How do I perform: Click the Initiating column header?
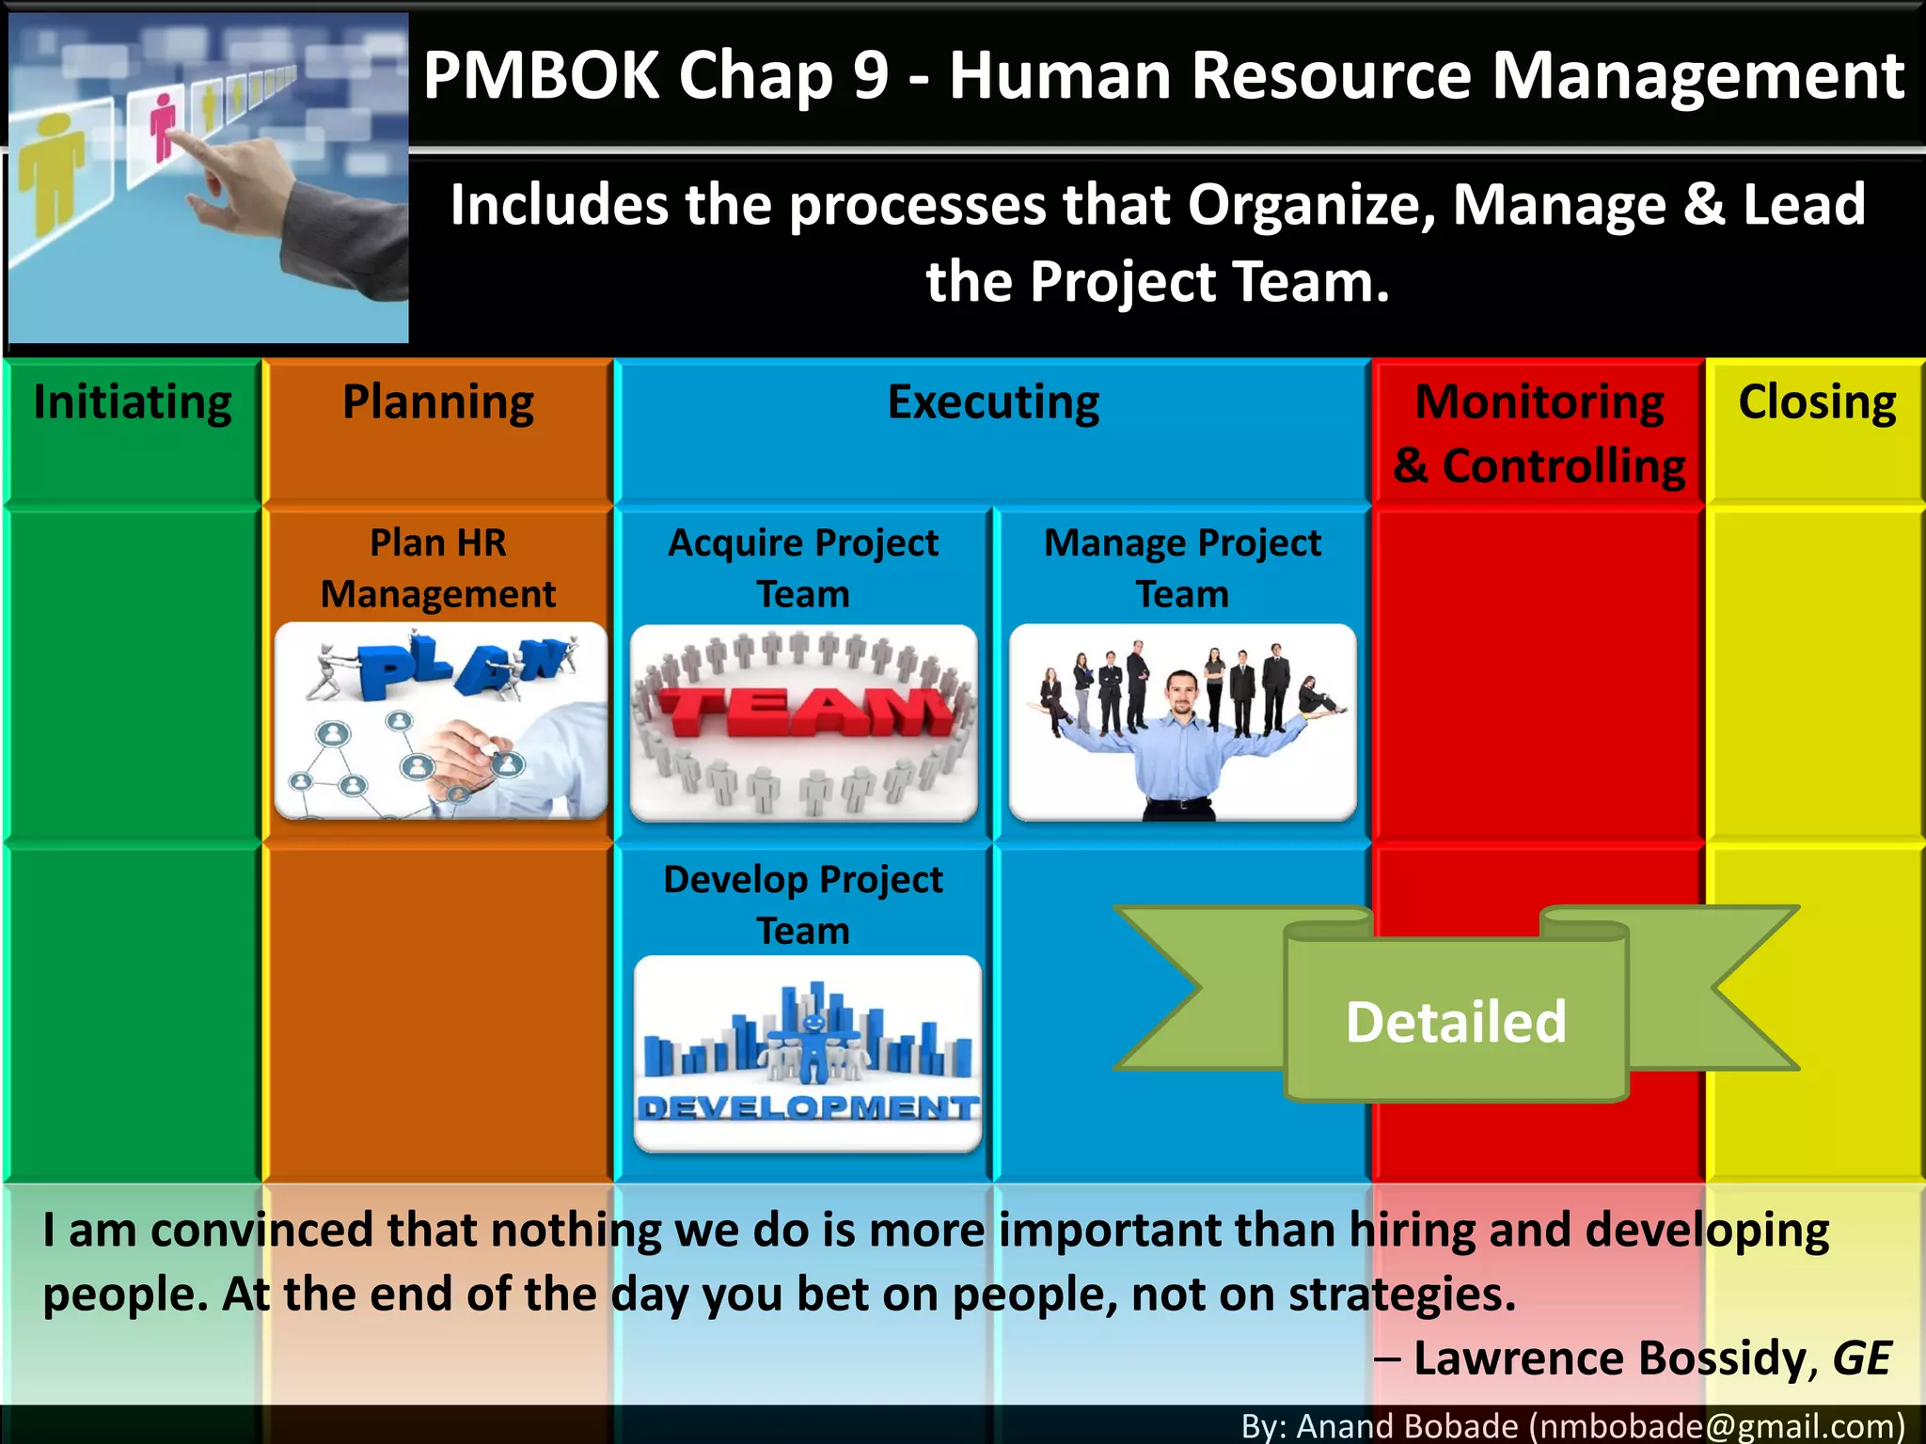point(133,403)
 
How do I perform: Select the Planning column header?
point(438,403)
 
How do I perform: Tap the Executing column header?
point(993,403)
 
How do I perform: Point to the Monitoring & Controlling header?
point(1539,433)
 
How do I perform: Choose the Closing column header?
point(1817,403)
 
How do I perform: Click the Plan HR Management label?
point(438,568)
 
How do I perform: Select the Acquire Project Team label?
point(803,568)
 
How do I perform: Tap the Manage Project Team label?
point(1182,568)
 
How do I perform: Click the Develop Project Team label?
point(803,904)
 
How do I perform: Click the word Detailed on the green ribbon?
point(1456,1022)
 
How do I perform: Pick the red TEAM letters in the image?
point(804,712)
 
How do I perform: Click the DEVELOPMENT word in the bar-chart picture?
point(807,1107)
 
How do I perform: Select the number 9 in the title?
point(871,75)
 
